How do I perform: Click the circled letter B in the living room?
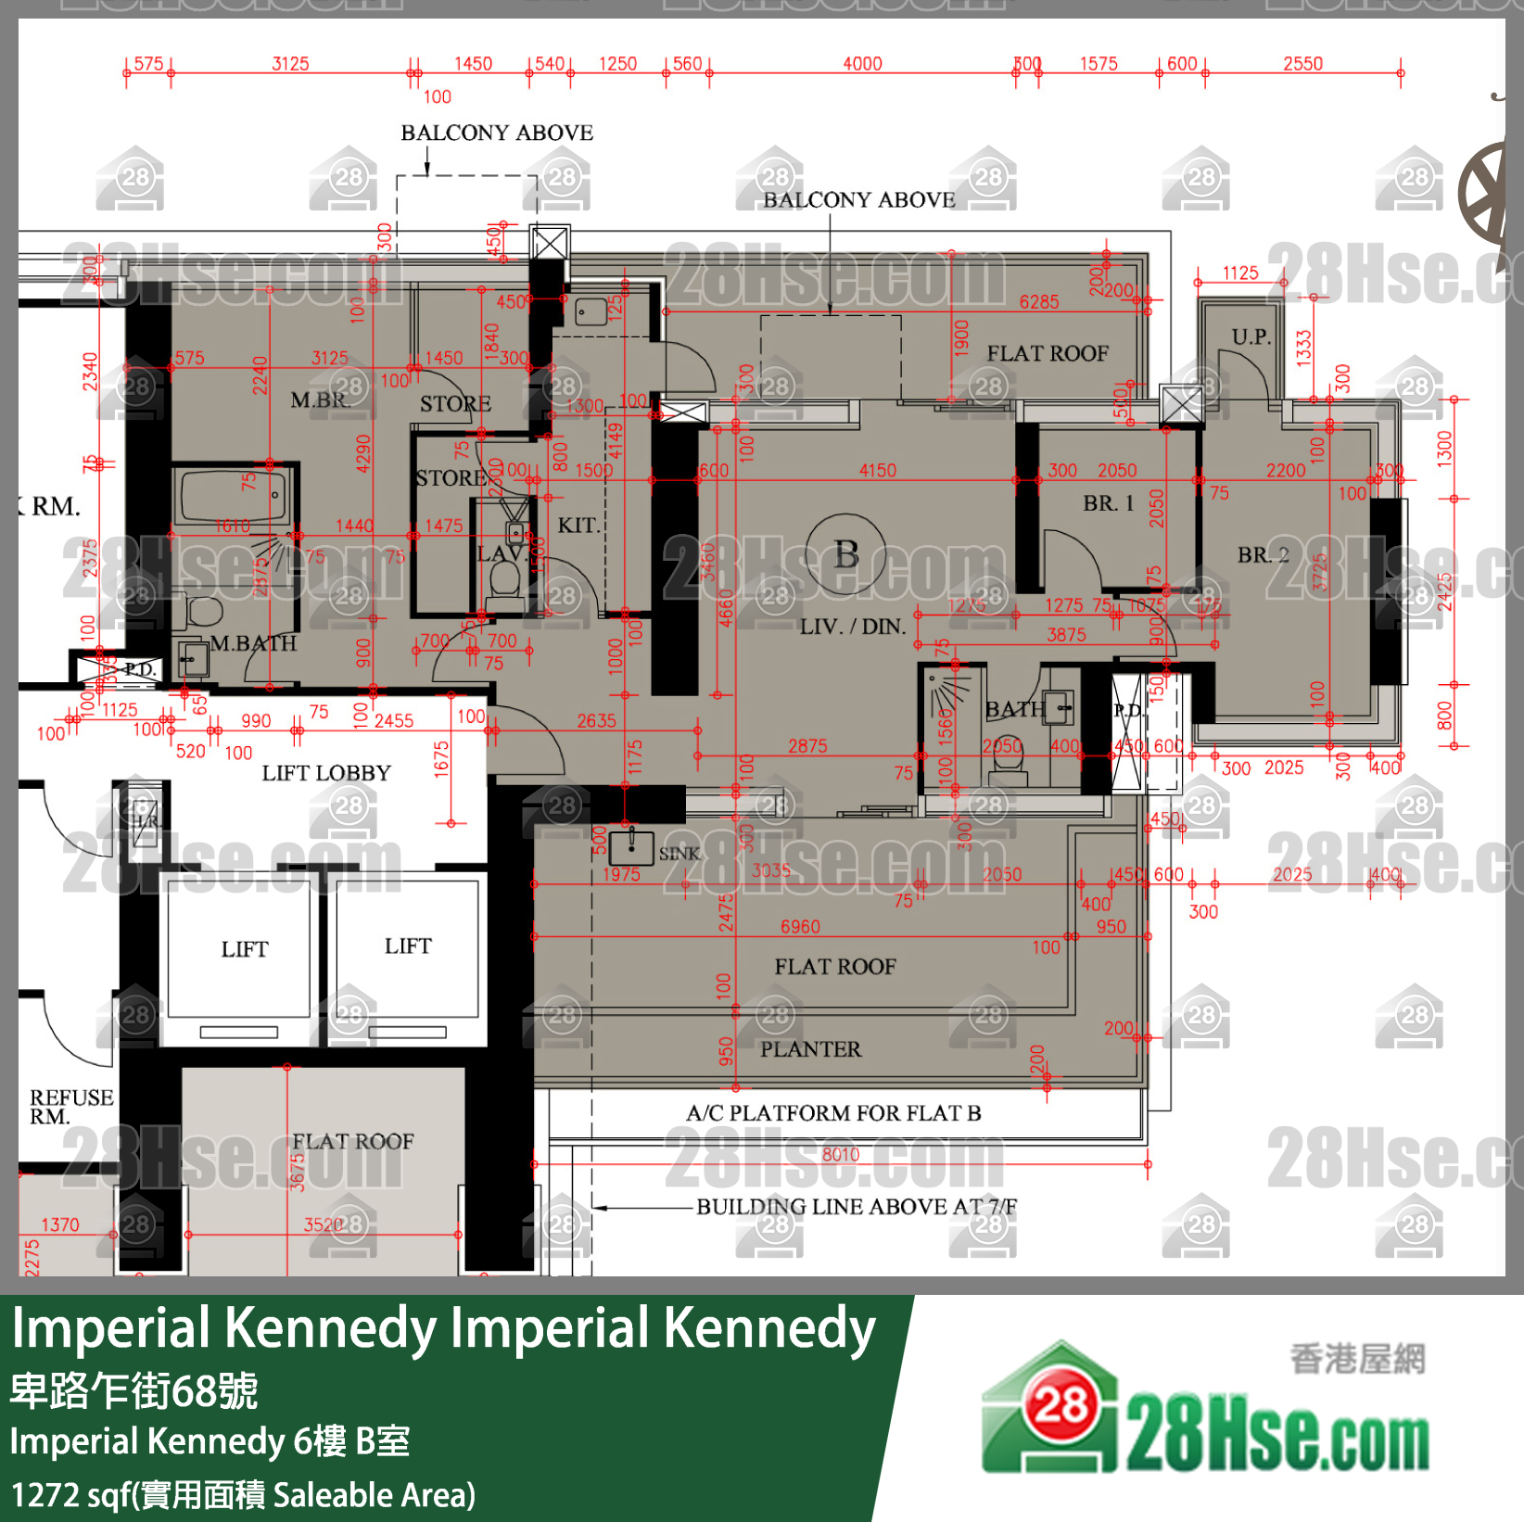[x=845, y=554]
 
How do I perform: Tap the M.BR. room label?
[x=320, y=400]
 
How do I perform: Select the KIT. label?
[x=578, y=526]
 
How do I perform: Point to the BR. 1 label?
[x=1108, y=503]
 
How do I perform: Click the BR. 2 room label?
[x=1263, y=555]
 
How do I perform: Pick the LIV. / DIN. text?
[x=852, y=627]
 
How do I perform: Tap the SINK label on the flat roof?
[x=679, y=854]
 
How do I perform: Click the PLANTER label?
[x=810, y=1049]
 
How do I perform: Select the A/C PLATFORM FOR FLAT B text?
[x=832, y=1113]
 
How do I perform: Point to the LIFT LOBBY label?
[x=325, y=773]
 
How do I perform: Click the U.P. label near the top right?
[x=1251, y=336]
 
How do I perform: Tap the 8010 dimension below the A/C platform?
[x=840, y=1155]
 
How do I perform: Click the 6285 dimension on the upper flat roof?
[x=1038, y=302]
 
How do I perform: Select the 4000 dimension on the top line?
[x=862, y=64]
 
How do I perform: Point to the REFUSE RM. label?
[x=70, y=1107]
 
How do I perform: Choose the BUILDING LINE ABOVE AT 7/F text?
[x=856, y=1207]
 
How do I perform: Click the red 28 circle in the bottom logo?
[x=1060, y=1407]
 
